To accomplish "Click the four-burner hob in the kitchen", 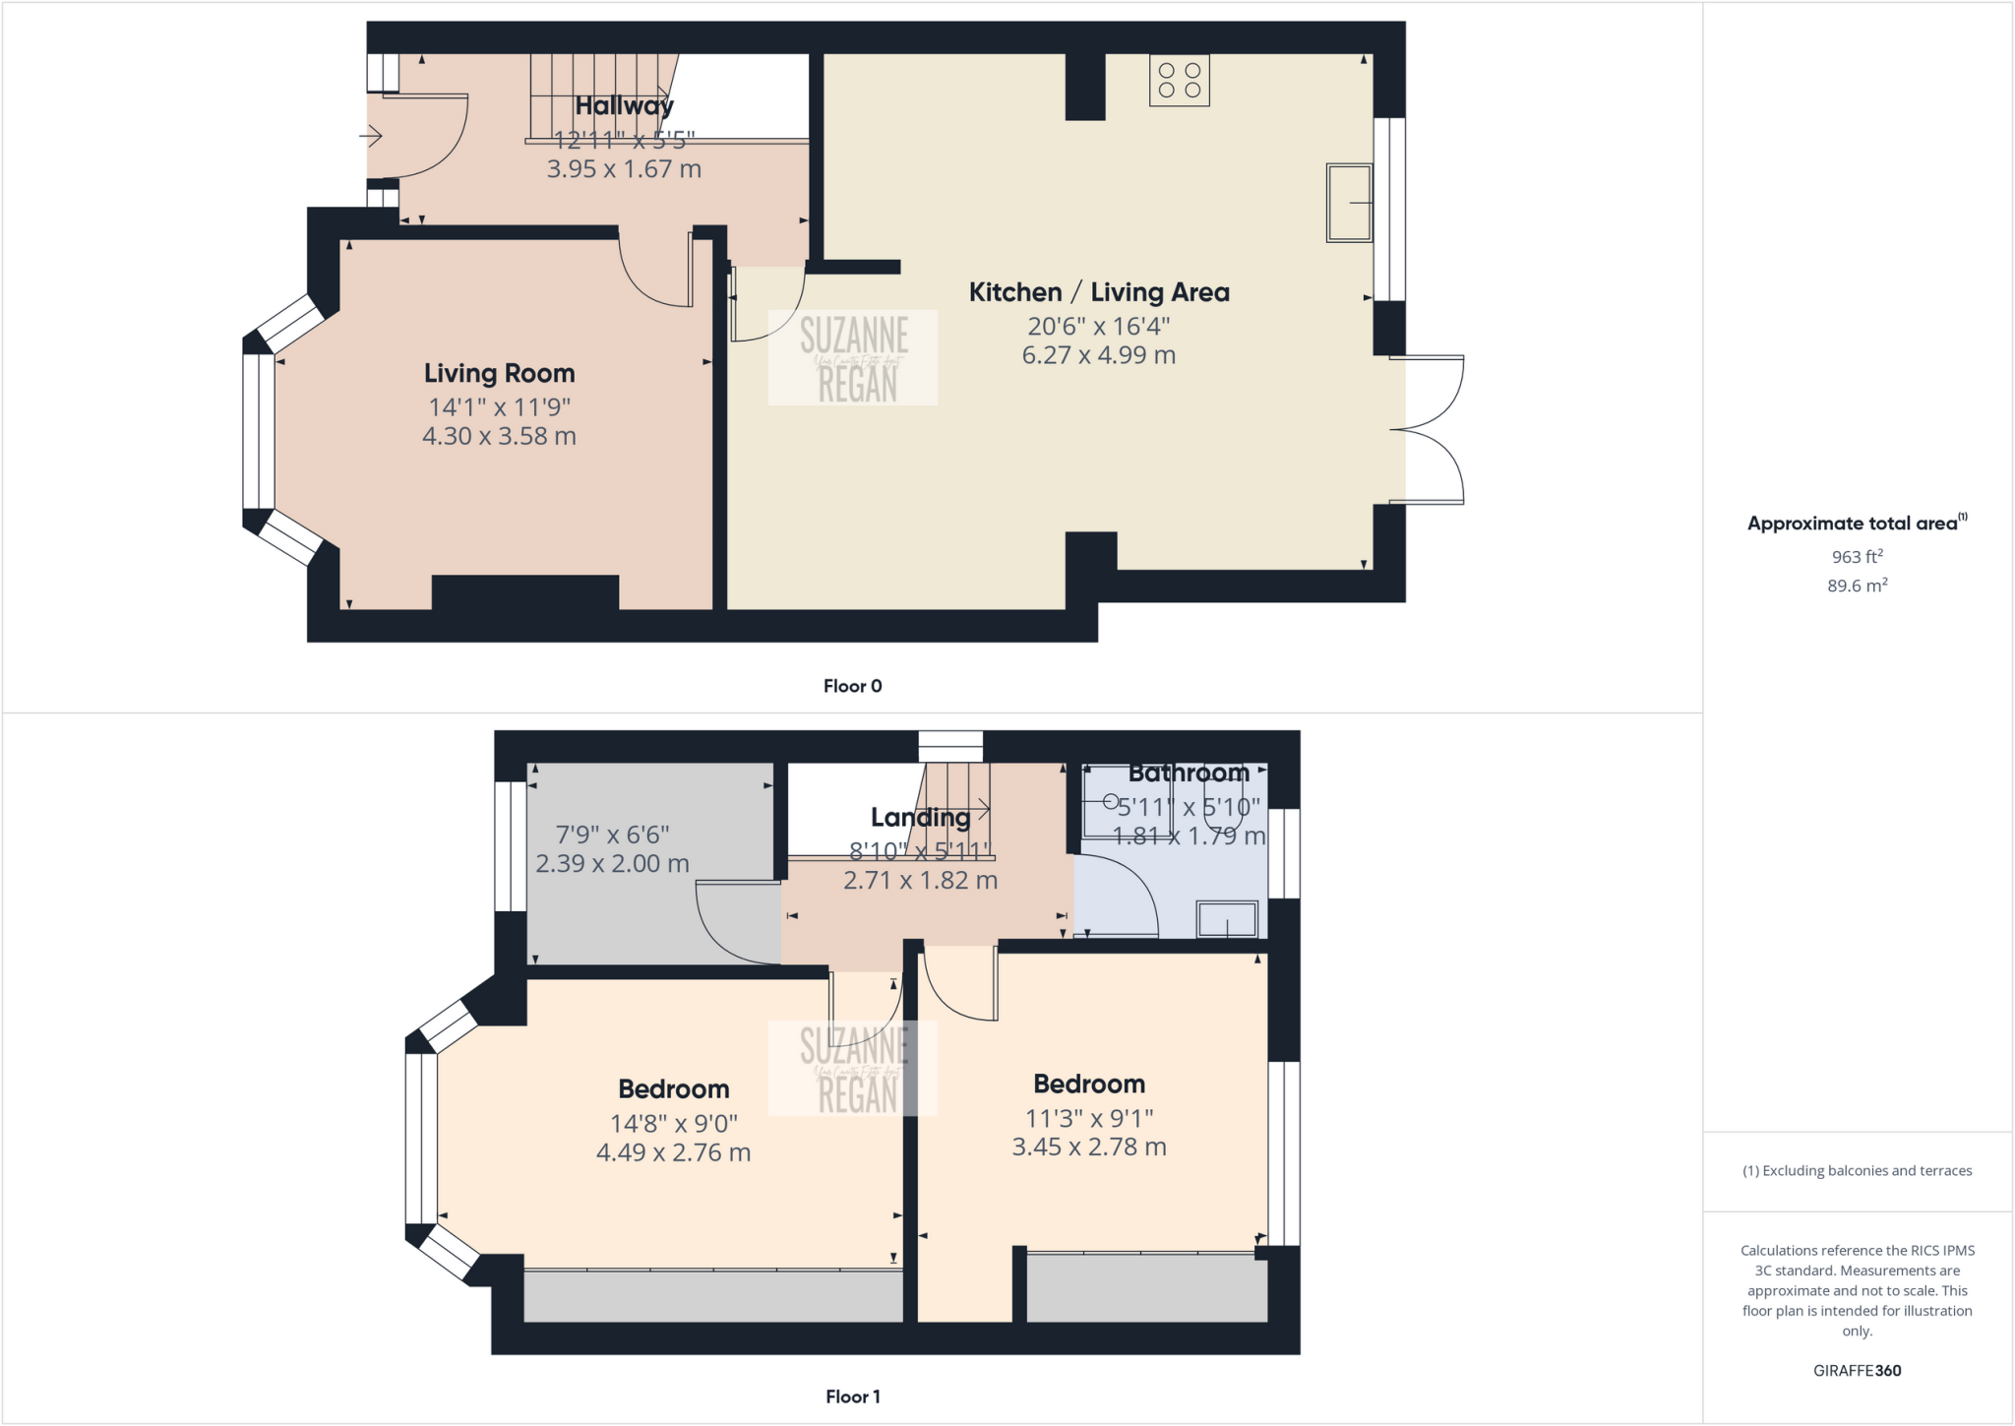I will pos(1179,80).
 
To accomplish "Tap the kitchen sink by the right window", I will pos(1349,203).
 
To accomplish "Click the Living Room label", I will pos(499,374).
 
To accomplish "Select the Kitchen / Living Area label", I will pos(1099,292).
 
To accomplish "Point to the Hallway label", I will pos(624,105).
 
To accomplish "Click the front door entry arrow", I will pos(371,136).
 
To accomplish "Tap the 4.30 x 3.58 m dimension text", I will pos(499,436).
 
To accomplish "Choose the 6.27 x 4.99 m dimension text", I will pos(1099,355).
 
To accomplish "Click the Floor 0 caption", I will pos(852,686).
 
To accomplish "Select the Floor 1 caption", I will pos(852,1396).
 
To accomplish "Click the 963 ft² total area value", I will pos(1857,557).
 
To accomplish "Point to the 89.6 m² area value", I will pos(1857,586).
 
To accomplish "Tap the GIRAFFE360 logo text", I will pos(1857,1370).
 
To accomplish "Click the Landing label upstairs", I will pos(920,817).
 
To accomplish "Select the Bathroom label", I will pos(1189,774).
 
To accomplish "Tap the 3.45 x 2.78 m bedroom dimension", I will pos(1089,1147).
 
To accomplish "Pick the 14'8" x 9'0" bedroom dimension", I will pos(673,1124).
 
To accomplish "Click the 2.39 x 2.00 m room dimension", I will pos(612,864).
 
